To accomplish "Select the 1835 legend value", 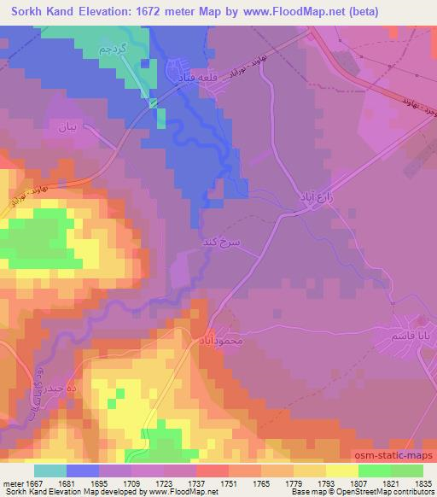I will pos(413,482).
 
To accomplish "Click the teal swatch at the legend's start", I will pos(51,471).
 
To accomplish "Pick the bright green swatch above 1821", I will pos(377,471).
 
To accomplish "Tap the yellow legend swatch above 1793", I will pos(343,471).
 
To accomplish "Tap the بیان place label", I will pos(67,128).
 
